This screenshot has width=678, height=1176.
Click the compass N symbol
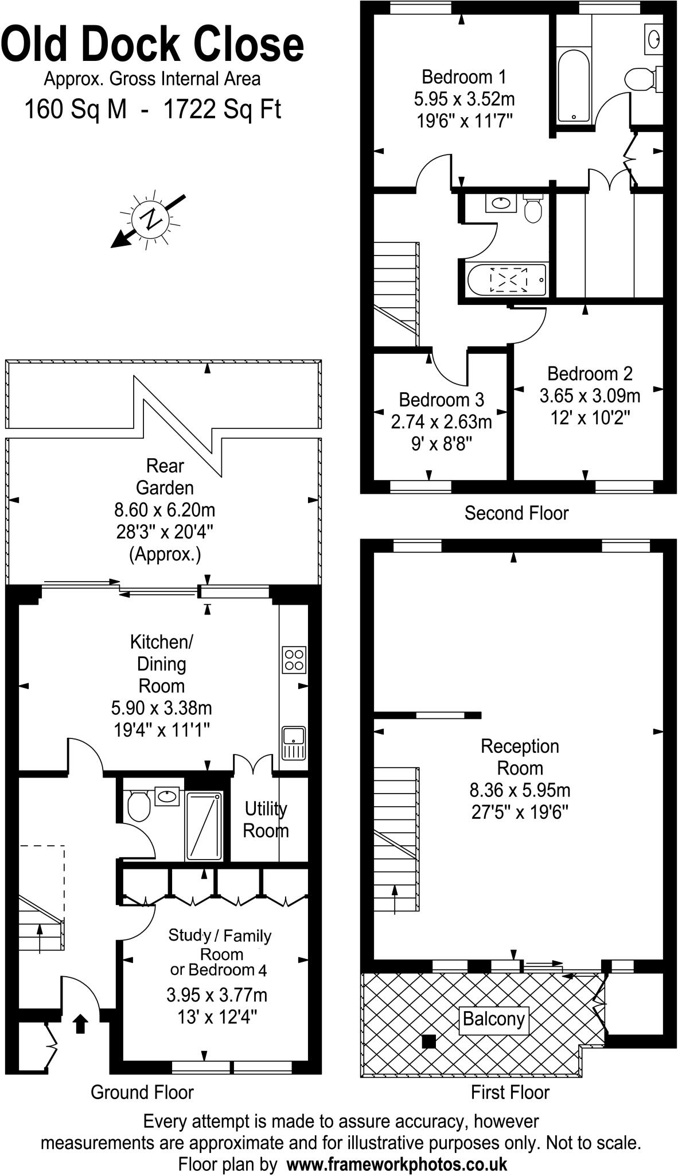[151, 219]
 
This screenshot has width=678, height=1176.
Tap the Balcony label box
[494, 1019]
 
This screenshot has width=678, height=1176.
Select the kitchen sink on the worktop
[294, 744]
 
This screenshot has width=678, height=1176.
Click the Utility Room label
[266, 819]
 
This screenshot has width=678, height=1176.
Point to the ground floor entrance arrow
[80, 1023]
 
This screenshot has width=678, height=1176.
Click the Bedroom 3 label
[441, 399]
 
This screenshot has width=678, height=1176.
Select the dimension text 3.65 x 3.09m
[590, 396]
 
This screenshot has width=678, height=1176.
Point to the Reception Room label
[520, 757]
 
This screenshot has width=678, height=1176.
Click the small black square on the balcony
[428, 1041]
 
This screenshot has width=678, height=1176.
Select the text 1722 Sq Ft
[223, 109]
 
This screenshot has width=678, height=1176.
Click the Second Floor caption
[516, 513]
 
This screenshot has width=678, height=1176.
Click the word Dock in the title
[149, 45]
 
